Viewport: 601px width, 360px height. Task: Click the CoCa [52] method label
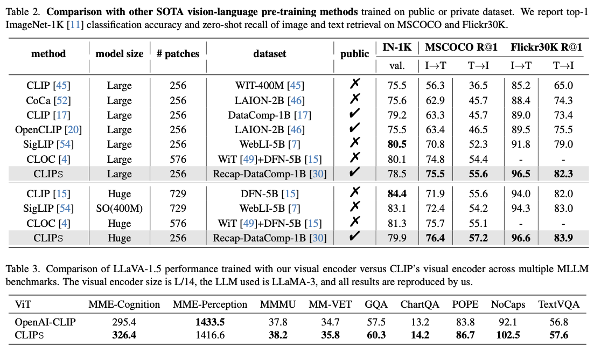click(x=48, y=100)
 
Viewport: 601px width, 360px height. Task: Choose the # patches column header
click(x=178, y=53)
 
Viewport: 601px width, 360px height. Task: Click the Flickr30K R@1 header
click(x=546, y=47)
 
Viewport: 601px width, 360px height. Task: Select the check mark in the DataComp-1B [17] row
click(x=354, y=114)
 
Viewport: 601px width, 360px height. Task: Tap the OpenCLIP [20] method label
click(x=48, y=129)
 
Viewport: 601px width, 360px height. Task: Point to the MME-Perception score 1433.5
click(x=209, y=322)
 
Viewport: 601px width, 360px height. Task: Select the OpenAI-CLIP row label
click(x=41, y=322)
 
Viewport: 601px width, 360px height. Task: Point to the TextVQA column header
click(x=558, y=304)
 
